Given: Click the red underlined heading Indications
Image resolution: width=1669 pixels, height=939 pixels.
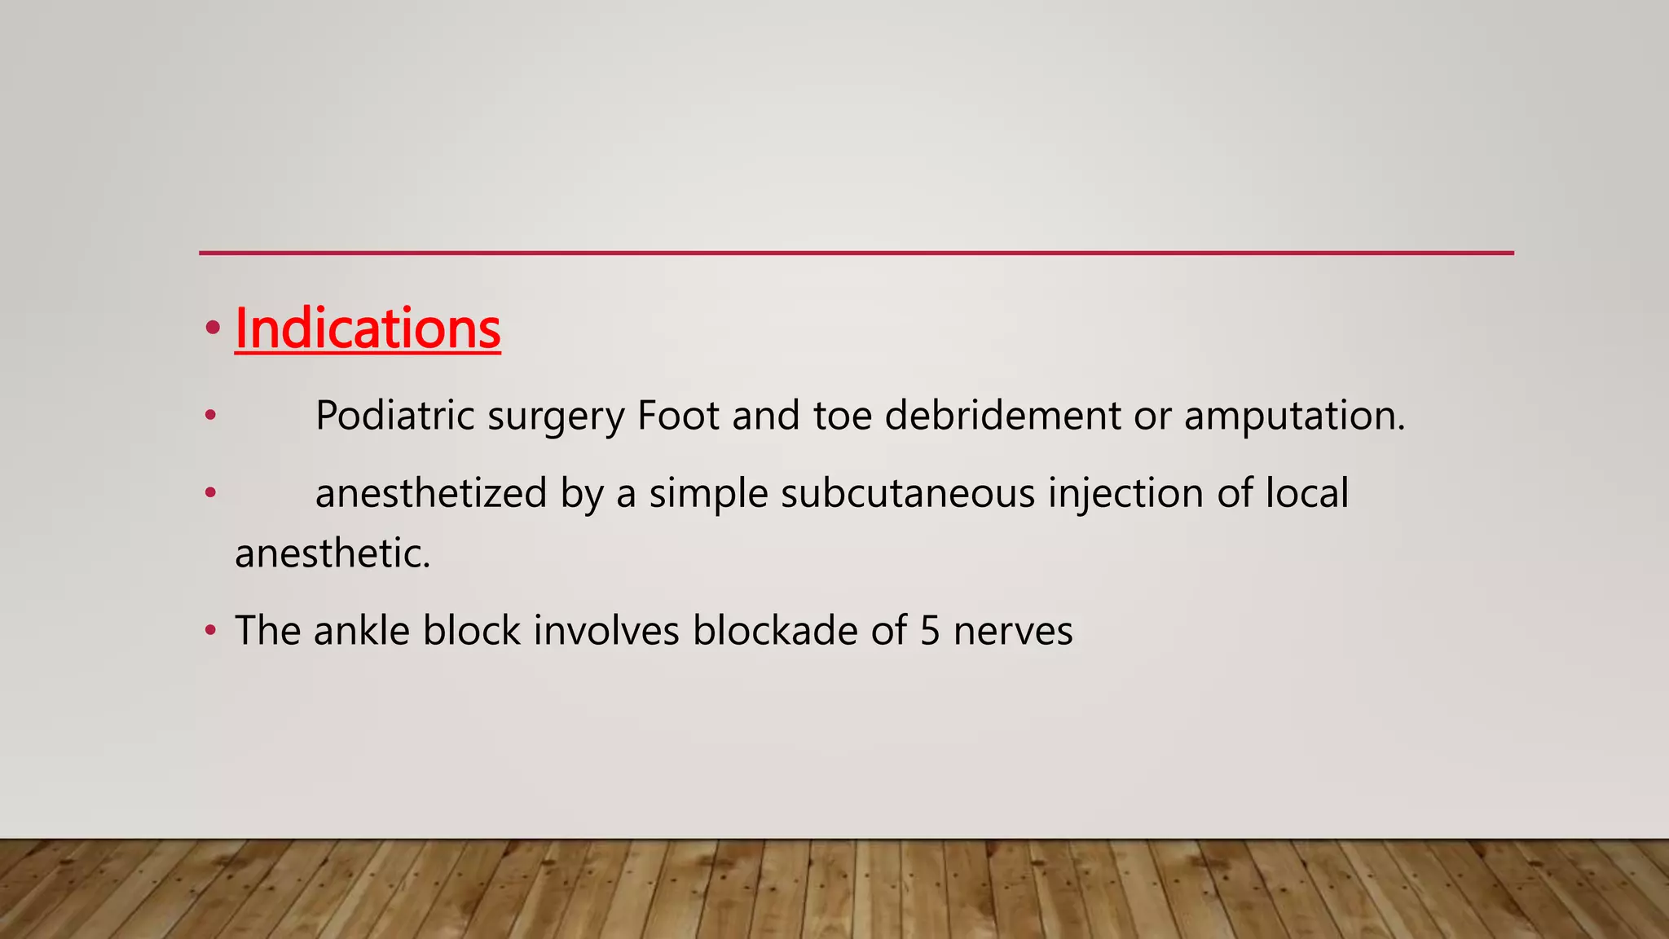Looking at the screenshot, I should tap(368, 328).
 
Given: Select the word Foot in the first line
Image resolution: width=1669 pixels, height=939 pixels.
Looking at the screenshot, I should tap(678, 416).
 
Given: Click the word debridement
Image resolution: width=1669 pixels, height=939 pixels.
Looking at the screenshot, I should tap(1002, 416).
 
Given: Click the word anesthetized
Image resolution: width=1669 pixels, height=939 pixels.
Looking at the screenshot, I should tap(430, 494).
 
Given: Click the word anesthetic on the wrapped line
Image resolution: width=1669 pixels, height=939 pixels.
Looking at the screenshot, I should tap(332, 554).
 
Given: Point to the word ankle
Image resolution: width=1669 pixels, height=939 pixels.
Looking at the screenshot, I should tap(361, 631).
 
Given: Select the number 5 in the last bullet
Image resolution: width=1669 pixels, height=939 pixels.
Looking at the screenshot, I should tap(930, 631).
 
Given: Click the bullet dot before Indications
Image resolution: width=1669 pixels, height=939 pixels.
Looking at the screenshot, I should tap(213, 328).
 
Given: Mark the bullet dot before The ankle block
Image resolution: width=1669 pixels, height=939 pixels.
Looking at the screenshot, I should tap(211, 630).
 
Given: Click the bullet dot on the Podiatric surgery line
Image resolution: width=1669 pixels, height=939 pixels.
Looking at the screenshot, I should tap(211, 416).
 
